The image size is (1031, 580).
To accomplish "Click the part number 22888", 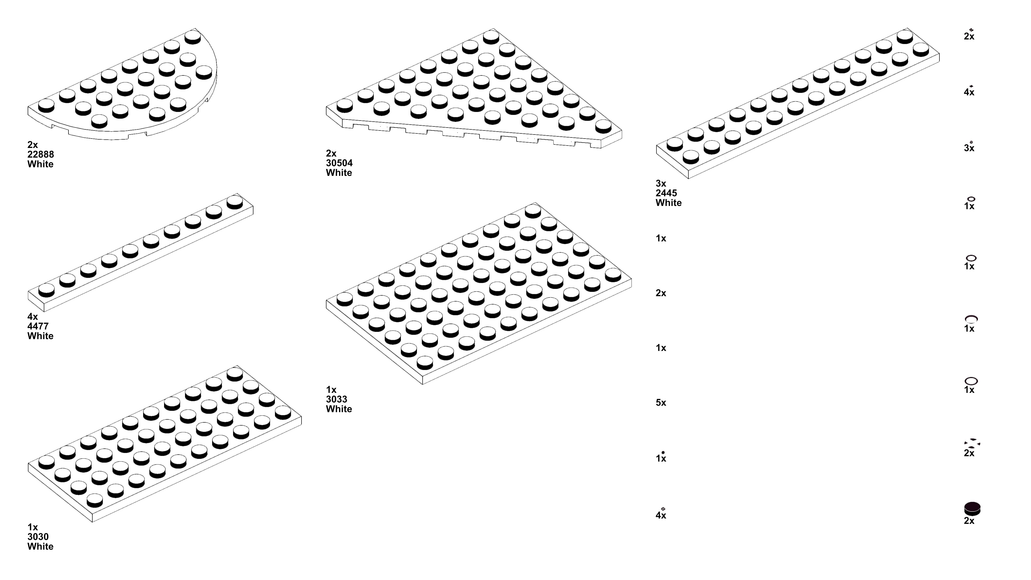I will [41, 154].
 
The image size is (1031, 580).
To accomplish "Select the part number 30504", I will [339, 163].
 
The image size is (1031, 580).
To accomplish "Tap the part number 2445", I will [666, 193].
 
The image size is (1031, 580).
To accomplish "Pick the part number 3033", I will [336, 399].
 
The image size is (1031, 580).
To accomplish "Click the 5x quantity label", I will [661, 403].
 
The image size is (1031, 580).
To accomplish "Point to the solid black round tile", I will [972, 508].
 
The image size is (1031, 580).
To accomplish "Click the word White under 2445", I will [668, 203].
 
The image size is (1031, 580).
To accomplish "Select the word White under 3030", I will [41, 546].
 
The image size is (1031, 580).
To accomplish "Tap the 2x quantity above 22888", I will [32, 144].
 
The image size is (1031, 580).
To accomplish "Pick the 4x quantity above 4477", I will [32, 317].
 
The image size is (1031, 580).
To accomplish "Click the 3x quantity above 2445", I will [661, 183].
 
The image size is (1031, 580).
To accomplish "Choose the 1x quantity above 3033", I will [331, 389].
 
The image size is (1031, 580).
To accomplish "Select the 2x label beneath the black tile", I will [969, 521].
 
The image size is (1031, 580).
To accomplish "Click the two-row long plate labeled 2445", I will [796, 104].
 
